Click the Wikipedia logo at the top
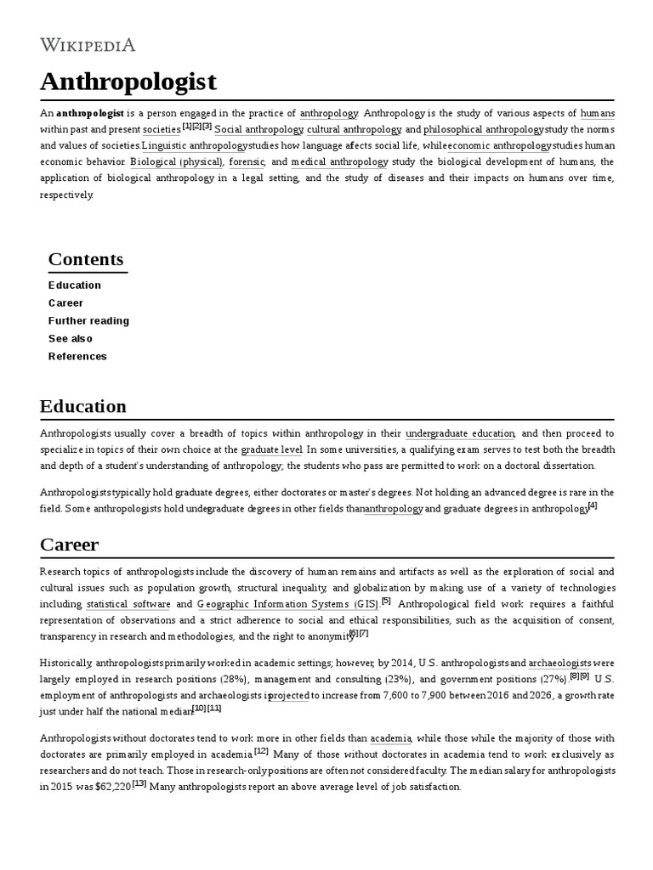point(88,45)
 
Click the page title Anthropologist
point(128,82)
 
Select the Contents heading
point(86,259)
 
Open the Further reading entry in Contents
point(88,320)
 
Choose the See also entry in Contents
point(71,338)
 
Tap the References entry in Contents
point(77,356)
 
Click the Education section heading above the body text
point(83,406)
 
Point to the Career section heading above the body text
point(70,544)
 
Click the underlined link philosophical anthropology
point(483,129)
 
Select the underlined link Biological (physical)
point(177,161)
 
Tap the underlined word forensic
point(247,161)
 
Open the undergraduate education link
point(460,433)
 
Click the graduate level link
point(271,449)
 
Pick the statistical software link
point(128,604)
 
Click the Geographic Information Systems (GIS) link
point(288,604)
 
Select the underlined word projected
point(289,695)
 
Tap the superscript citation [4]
point(593,506)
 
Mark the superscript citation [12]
point(261,751)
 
